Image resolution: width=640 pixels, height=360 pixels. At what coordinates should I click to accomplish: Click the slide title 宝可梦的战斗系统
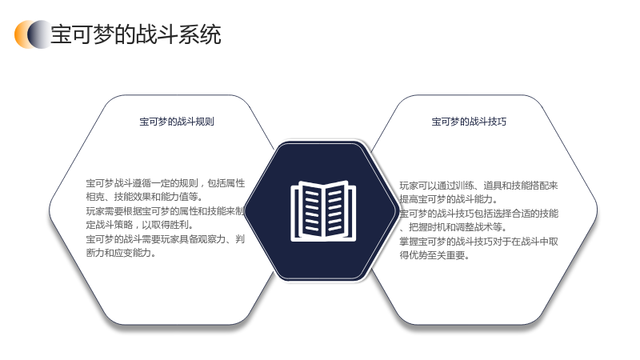point(136,34)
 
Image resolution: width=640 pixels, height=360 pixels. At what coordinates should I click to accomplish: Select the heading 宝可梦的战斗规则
point(177,122)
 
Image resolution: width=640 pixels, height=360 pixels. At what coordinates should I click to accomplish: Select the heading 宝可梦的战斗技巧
point(469,122)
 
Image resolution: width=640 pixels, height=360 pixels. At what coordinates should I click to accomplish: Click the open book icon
point(323,210)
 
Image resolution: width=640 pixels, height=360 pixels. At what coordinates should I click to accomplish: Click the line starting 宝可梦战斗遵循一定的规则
point(166,183)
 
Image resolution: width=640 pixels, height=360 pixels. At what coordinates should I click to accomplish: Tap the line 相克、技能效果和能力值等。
point(144,197)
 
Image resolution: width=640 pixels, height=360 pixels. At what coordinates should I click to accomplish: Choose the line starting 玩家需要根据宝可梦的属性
point(166,211)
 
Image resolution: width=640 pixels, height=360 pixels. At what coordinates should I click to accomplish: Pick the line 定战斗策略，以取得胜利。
point(140,225)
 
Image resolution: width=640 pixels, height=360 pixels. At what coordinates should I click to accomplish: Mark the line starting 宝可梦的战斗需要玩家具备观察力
point(166,239)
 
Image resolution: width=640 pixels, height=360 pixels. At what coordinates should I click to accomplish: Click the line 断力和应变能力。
point(122,253)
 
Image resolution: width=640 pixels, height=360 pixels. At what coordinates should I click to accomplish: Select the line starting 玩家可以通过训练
point(478,186)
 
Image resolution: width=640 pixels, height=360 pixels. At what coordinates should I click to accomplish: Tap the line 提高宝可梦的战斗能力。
point(449,199)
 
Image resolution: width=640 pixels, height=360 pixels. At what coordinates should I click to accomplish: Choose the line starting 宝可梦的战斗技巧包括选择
point(478,214)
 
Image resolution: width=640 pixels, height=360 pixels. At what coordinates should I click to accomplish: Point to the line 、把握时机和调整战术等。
point(453,227)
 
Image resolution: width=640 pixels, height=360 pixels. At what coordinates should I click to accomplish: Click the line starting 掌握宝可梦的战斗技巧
point(478,242)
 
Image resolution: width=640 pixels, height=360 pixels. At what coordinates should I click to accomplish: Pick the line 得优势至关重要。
point(434,255)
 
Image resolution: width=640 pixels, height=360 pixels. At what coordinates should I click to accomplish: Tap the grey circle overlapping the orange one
point(40,34)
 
